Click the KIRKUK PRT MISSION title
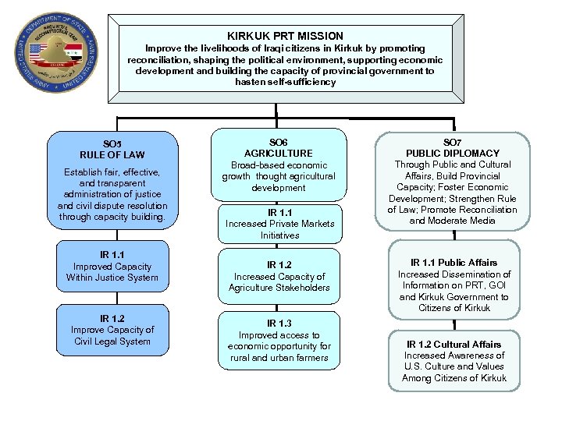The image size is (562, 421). point(285,36)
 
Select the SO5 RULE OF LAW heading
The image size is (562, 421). point(112,149)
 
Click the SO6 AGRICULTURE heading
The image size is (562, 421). point(278,148)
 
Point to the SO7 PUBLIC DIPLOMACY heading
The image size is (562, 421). point(452,148)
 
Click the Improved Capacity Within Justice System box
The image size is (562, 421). point(112,266)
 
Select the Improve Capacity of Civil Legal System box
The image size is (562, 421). point(112,330)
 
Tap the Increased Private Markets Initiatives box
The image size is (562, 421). point(279,223)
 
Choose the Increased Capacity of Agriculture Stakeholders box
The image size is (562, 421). point(279,276)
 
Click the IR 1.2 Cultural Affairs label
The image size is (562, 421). point(454,344)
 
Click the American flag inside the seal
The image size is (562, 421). point(36,55)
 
